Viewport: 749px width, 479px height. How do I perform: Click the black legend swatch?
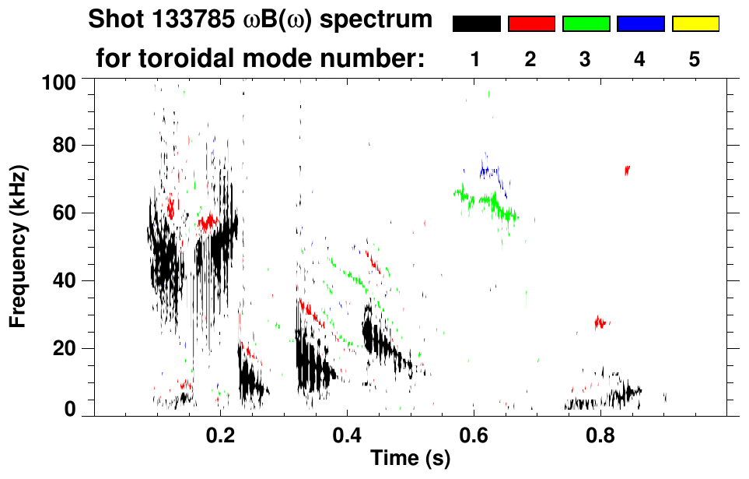pyautogui.click(x=476, y=24)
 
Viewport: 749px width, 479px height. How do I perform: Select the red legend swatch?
pyautogui.click(x=531, y=24)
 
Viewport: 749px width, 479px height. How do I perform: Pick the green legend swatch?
pyautogui.click(x=586, y=24)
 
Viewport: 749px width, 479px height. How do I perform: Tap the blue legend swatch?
pyautogui.click(x=640, y=24)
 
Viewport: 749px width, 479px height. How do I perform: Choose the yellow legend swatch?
pyautogui.click(x=695, y=24)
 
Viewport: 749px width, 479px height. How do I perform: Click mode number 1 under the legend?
pyautogui.click(x=475, y=59)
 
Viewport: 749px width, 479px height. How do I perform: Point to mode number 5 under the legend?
pyautogui.click(x=695, y=59)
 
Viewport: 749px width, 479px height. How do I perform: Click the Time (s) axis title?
pyautogui.click(x=409, y=460)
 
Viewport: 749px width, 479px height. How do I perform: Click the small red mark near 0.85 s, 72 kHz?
pyautogui.click(x=627, y=170)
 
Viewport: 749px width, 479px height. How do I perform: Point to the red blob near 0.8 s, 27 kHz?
pyautogui.click(x=600, y=322)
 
